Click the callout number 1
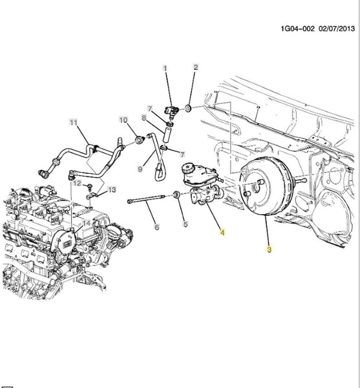pos(165,68)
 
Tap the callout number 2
pos(196,67)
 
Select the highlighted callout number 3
pos(269,249)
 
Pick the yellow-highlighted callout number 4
pos(222,232)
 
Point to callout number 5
pos(185,224)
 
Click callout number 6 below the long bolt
pos(157,227)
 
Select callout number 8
pos(144,118)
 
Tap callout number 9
pos(140,169)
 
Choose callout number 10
pos(123,120)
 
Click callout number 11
pos(73,122)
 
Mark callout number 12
pos(77,183)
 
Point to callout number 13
pos(112,189)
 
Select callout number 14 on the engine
pos(87,223)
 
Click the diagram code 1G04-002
pos(298,28)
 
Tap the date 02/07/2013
pos(337,28)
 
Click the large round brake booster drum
pos(266,186)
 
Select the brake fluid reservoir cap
pos(189,168)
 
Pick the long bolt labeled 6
pos(146,199)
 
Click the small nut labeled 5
pos(176,195)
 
